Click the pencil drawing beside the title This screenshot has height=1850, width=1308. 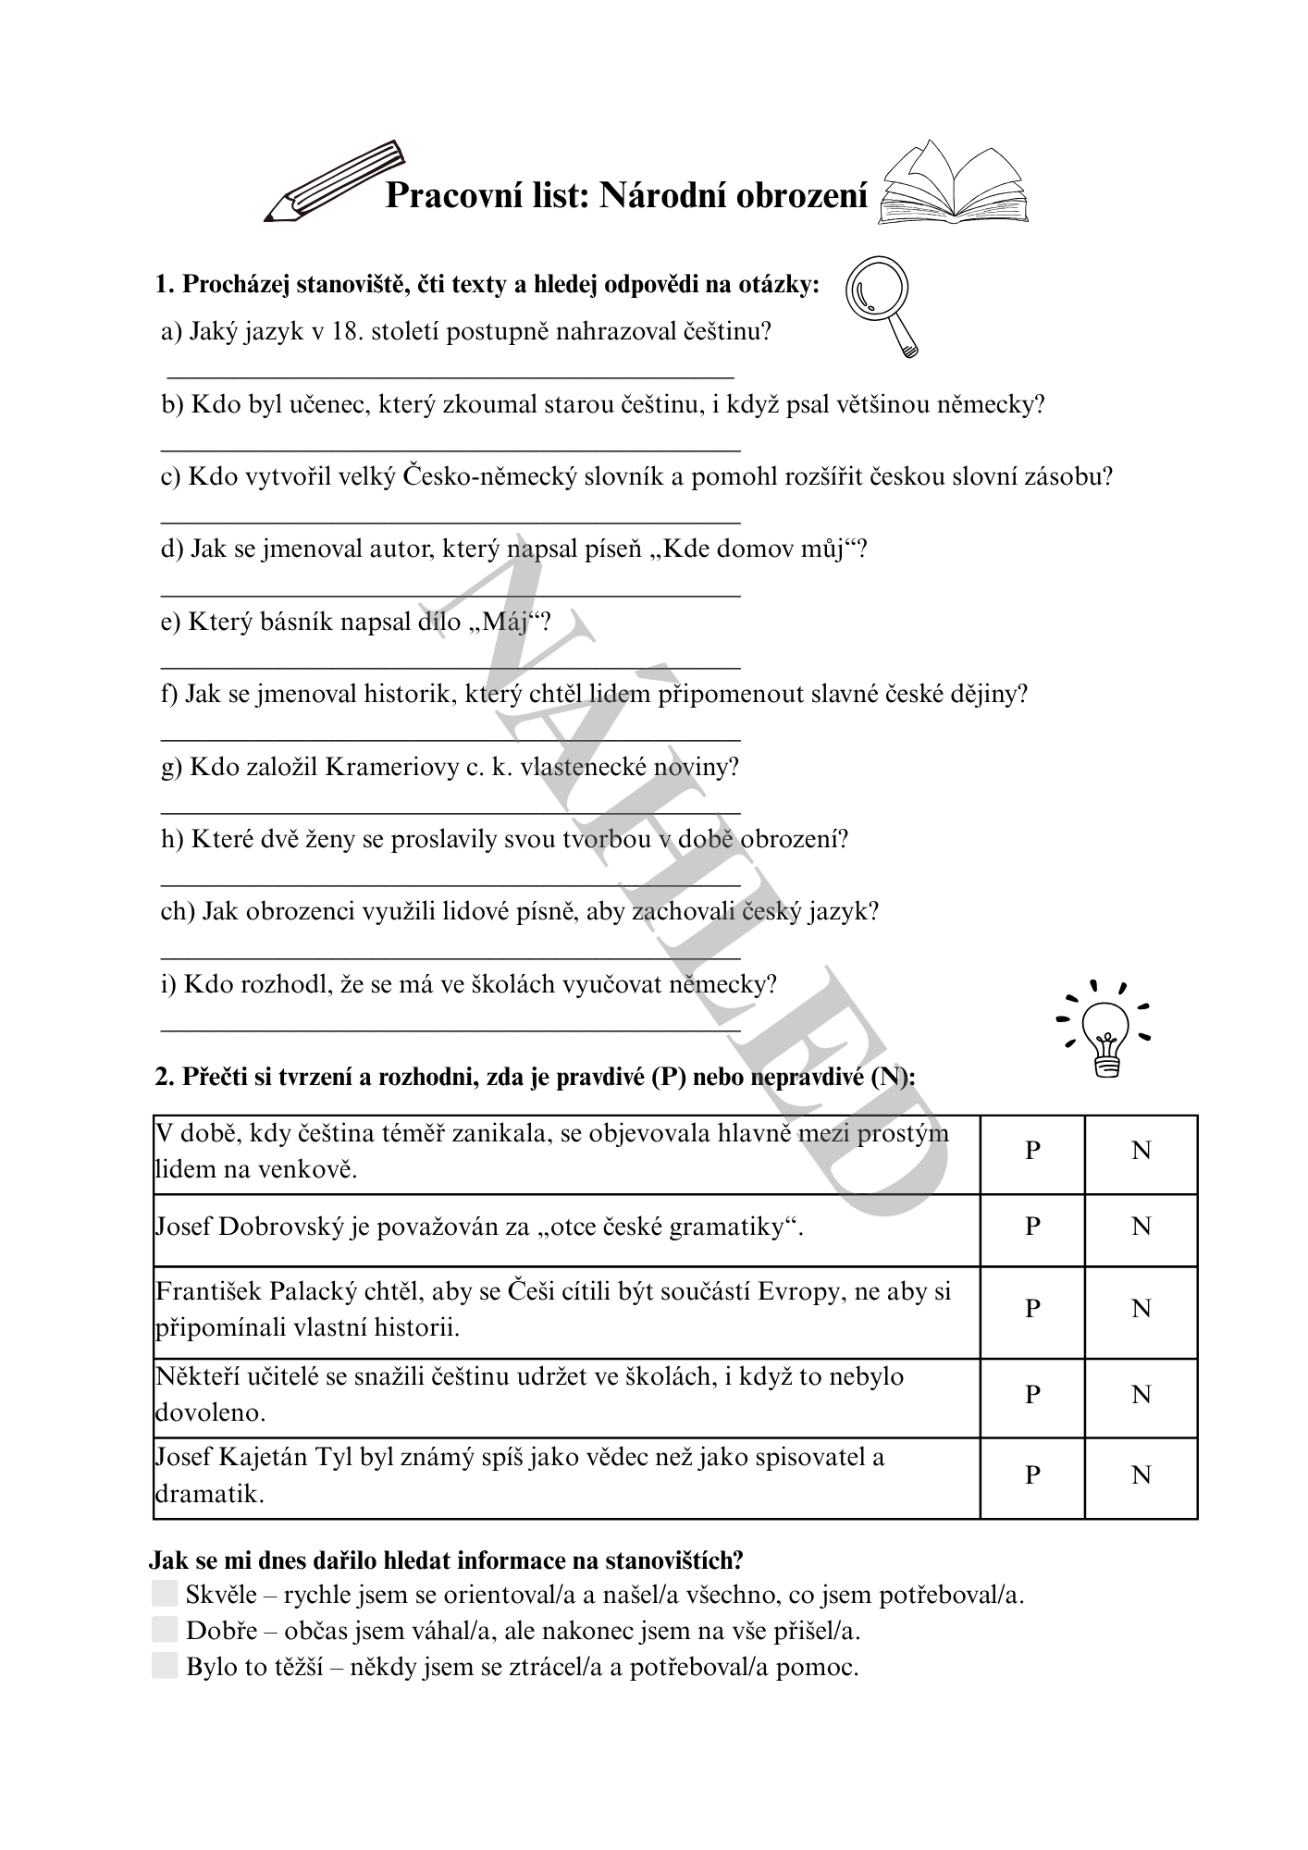pos(335,182)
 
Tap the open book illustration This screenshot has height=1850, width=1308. pos(953,185)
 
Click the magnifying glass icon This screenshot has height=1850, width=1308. pos(882,304)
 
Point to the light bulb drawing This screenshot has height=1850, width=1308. pos(1105,1032)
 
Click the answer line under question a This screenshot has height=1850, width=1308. pos(450,376)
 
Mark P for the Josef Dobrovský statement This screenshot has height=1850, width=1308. pos(1032,1227)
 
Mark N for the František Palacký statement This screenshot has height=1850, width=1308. pos(1141,1309)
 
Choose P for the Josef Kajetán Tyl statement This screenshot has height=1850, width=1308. pos(1032,1474)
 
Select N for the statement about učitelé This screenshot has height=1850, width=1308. pos(1141,1394)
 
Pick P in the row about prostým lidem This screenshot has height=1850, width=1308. pos(1032,1151)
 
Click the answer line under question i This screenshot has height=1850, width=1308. pos(450,1029)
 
